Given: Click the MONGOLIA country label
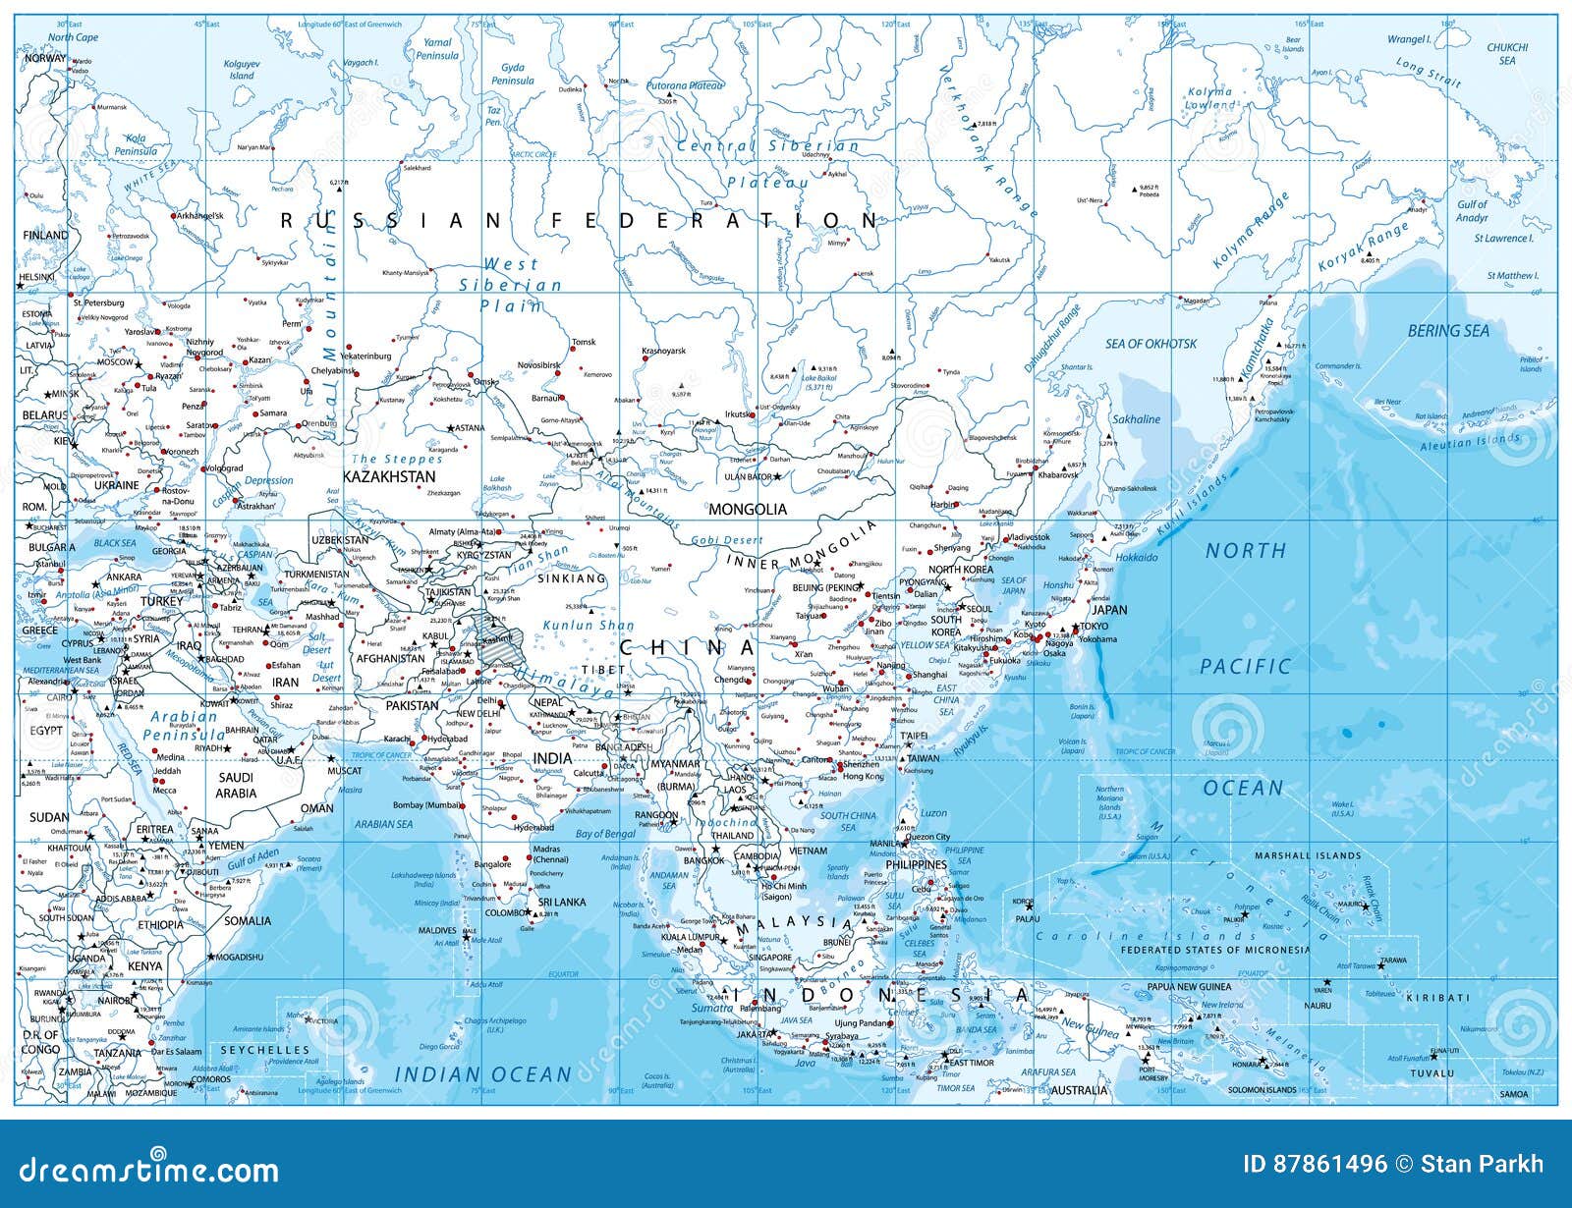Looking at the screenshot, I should [748, 509].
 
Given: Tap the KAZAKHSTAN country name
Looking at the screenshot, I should [389, 476].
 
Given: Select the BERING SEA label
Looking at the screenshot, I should [1448, 331].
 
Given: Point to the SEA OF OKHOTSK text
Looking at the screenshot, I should [1151, 344].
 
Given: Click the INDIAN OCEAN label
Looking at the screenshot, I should [482, 1074].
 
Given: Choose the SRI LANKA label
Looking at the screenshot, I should [562, 902].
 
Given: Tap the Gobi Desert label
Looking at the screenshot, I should [727, 540].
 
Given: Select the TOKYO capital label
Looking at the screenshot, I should [1094, 627].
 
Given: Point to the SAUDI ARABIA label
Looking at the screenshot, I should [236, 785].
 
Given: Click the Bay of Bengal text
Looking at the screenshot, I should [605, 834].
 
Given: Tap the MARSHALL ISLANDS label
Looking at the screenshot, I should [1308, 855].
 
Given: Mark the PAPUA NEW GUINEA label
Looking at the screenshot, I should [1189, 987].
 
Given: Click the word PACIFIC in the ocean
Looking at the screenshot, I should [1245, 667].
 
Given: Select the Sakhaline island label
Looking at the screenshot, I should [1136, 419].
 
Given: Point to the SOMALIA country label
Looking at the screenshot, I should [248, 921].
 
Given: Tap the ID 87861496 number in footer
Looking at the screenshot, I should [1314, 1165].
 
